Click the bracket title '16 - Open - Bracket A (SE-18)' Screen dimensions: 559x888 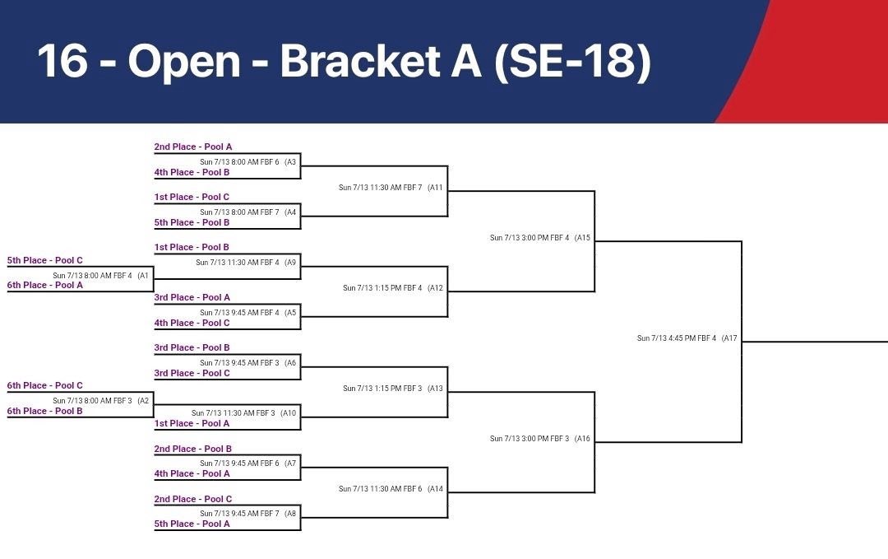(344, 62)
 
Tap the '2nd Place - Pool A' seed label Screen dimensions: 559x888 (193, 147)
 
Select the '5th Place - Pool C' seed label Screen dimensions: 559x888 (45, 260)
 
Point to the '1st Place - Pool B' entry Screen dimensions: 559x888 (192, 247)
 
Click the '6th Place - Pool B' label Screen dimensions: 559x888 (45, 411)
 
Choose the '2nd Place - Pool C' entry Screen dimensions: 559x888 (193, 499)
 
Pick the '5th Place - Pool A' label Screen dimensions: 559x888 (192, 524)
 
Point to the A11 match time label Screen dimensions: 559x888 (391, 187)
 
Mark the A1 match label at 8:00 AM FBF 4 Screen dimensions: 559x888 (100, 275)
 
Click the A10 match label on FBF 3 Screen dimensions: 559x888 (243, 412)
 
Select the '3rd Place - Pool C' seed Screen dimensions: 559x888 (192, 373)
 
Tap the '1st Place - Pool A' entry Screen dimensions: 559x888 (192, 423)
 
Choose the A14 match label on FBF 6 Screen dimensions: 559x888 (391, 488)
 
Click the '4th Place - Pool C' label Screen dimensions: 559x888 (192, 323)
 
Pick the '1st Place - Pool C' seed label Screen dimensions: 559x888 (192, 197)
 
